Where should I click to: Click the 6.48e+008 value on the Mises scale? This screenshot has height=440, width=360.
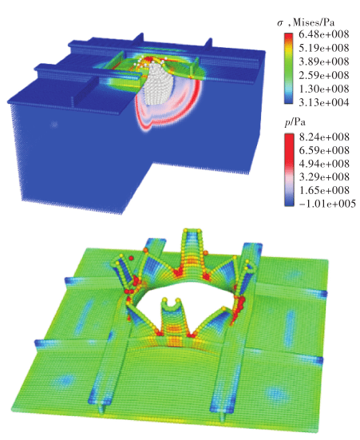(324, 34)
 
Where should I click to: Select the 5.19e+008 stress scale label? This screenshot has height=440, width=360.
(324, 48)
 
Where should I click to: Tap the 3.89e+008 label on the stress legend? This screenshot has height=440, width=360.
(324, 61)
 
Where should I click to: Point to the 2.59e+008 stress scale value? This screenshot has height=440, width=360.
(324, 75)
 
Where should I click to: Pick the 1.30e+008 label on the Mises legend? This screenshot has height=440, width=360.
(324, 89)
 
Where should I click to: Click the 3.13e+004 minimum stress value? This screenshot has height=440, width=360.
(324, 102)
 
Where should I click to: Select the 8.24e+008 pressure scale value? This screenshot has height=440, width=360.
(324, 137)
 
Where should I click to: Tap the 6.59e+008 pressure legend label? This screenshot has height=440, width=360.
(324, 150)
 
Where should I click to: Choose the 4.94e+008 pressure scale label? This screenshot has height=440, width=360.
(324, 164)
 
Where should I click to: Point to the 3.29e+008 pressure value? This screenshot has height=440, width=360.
(324, 176)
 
